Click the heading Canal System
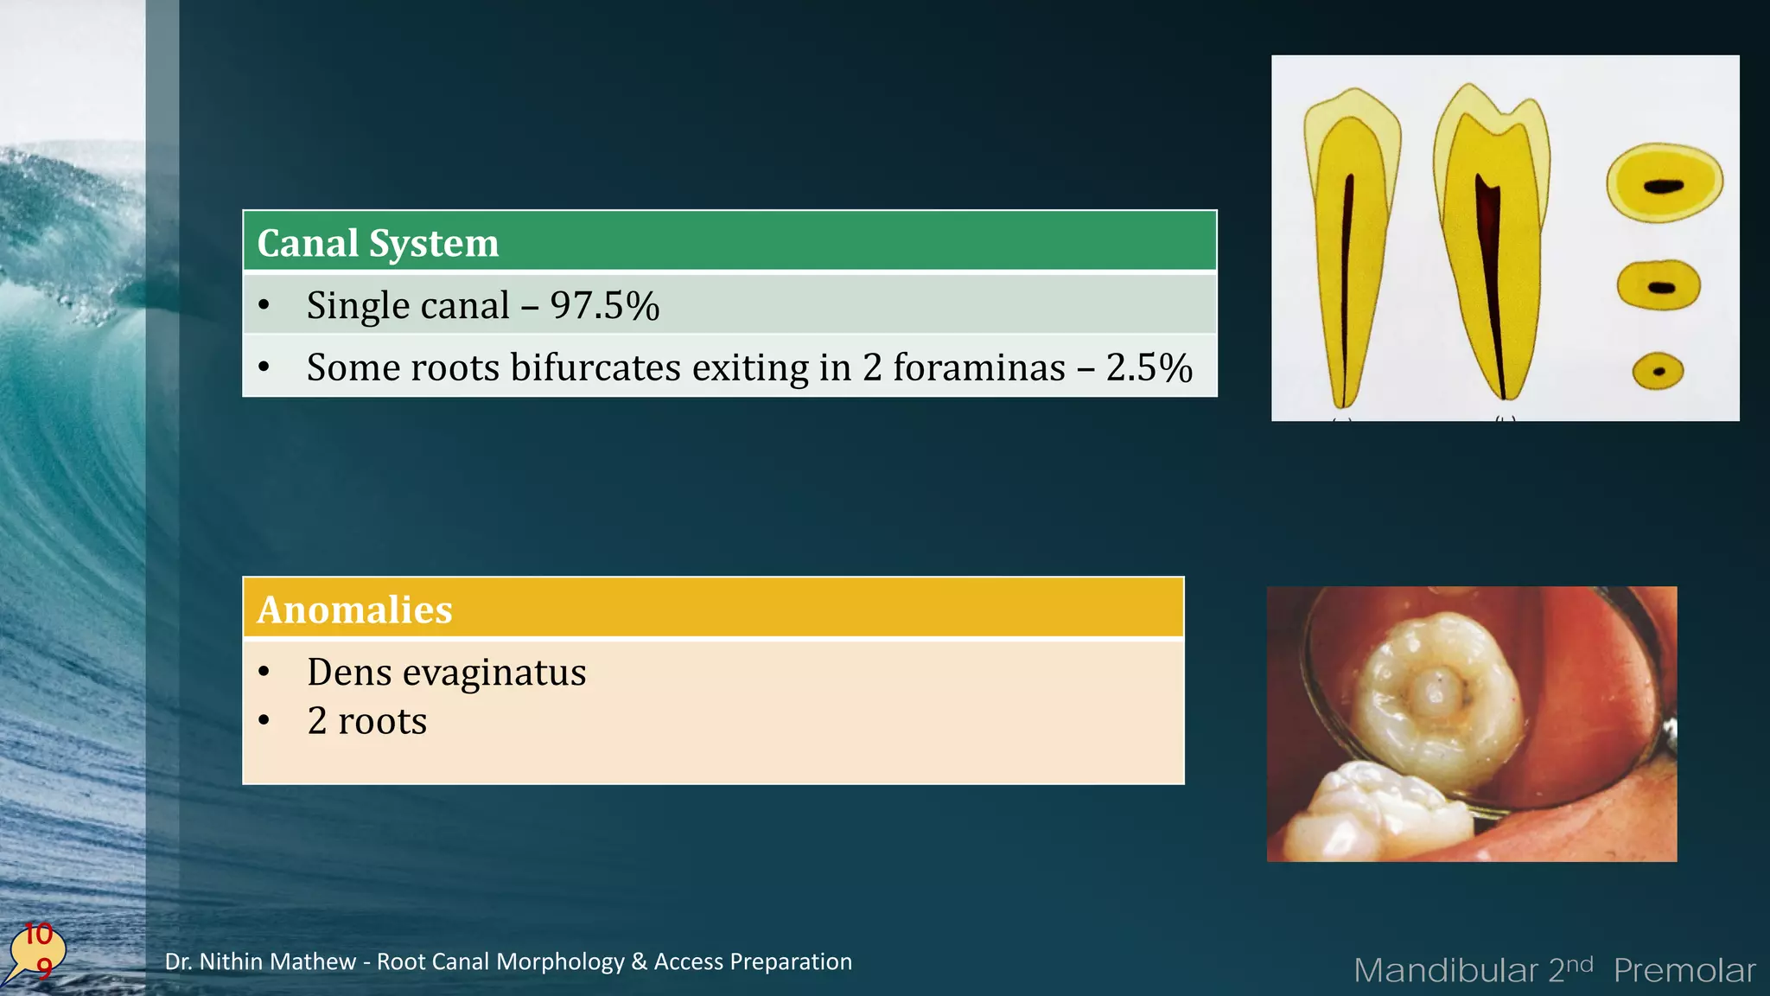pos(378,243)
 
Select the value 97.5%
pos(605,306)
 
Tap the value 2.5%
pos(1149,368)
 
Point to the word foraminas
pos(978,368)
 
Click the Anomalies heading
pos(354,610)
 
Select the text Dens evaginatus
pos(446,673)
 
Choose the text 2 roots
pos(367,721)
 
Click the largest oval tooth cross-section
pos(1664,184)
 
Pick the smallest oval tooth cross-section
pos(1658,372)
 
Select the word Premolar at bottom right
pos(1684,971)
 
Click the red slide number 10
pos(38,934)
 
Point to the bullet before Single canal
pos(264,306)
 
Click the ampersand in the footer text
pos(639,961)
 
